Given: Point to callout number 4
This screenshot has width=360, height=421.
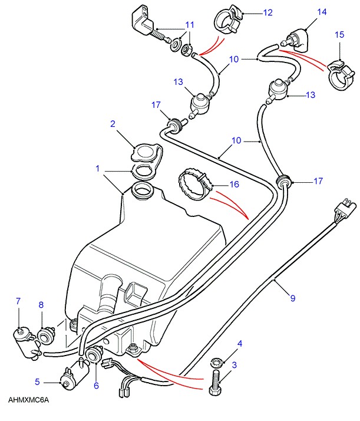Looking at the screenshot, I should click(x=240, y=343).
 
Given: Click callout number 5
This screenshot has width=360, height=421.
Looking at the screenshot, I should click(x=37, y=381).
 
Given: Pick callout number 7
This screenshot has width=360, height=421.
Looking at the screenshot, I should click(x=18, y=301).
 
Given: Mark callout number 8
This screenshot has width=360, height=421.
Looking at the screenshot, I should click(x=41, y=305).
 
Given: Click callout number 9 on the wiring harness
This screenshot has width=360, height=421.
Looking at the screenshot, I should click(x=292, y=298).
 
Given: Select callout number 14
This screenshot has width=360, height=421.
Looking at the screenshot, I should click(x=322, y=11).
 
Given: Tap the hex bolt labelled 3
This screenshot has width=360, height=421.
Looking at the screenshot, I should click(x=214, y=383).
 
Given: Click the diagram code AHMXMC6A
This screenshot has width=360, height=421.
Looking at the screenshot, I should click(x=29, y=400).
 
